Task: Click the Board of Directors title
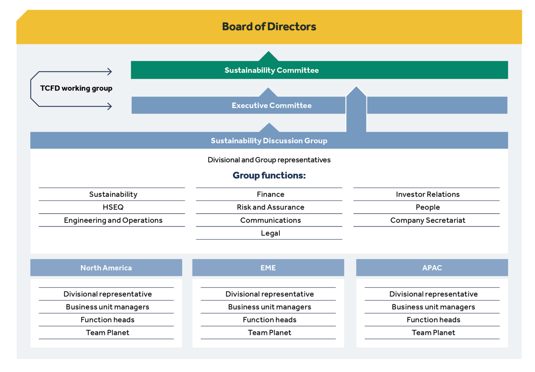269,27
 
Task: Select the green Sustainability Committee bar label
271,70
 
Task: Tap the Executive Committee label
271,106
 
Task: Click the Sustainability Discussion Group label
269,141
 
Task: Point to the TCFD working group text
76,88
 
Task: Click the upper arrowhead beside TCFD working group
110,71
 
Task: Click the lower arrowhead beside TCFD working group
110,106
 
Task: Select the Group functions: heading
269,175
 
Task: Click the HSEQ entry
113,207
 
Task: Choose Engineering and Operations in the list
113,220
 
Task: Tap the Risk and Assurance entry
271,207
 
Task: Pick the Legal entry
271,233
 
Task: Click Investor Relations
428,194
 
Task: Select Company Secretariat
428,220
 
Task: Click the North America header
106,268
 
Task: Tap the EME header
268,268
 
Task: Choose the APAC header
432,268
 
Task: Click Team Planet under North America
107,333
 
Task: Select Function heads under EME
269,320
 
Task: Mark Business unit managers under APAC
433,307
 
